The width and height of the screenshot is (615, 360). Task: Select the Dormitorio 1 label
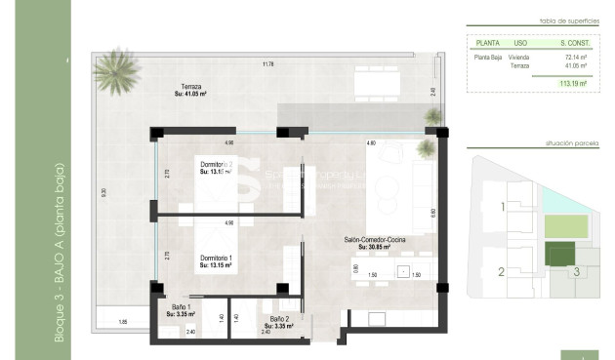pyautogui.click(x=218, y=260)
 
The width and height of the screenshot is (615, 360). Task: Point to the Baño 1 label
pyautogui.click(x=181, y=310)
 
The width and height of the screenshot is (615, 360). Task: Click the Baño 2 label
pyautogui.click(x=278, y=321)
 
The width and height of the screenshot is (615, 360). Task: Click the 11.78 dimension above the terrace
pyautogui.click(x=267, y=64)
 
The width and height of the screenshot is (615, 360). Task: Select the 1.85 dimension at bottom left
pyautogui.click(x=123, y=321)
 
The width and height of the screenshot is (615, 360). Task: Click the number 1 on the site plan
pyautogui.click(x=502, y=207)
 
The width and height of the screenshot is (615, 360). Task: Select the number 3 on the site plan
pyautogui.click(x=576, y=272)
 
